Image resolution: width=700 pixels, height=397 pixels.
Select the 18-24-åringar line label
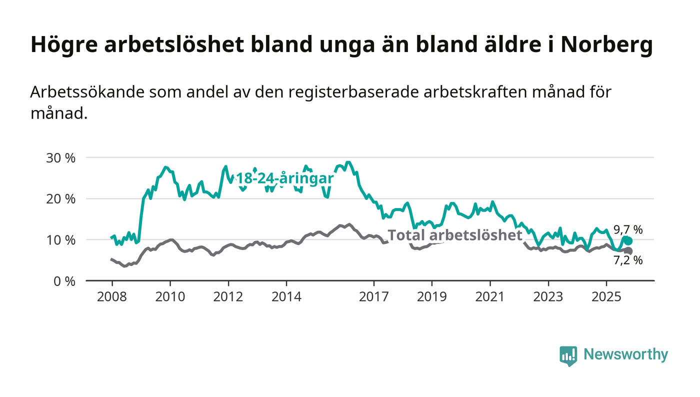tap(284, 179)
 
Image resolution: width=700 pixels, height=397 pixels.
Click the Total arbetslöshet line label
tap(455, 235)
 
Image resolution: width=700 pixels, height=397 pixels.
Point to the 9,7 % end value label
tap(628, 230)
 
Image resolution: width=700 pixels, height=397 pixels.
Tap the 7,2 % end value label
tap(628, 260)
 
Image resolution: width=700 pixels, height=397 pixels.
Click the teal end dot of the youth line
tap(628, 241)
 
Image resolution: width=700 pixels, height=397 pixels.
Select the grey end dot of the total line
tap(628, 251)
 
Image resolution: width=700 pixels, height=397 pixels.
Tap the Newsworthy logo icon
tap(568, 355)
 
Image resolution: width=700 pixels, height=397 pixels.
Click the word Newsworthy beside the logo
tap(625, 354)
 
